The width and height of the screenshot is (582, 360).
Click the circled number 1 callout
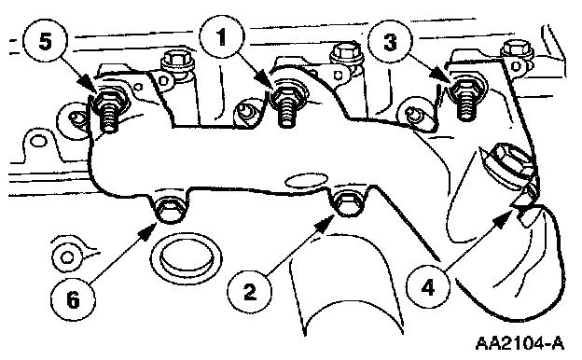tap(222, 37)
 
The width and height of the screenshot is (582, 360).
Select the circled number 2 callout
tap(250, 291)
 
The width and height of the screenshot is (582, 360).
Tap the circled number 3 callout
tap(390, 42)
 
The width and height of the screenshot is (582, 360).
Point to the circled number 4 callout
tap(428, 286)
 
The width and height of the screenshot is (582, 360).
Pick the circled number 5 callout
tap(46, 41)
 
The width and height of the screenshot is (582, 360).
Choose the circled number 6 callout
tap(73, 299)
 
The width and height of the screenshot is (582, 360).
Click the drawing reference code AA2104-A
tap(520, 342)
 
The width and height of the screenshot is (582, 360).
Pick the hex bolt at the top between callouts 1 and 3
tap(346, 53)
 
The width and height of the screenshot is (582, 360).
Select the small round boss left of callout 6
tap(67, 257)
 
